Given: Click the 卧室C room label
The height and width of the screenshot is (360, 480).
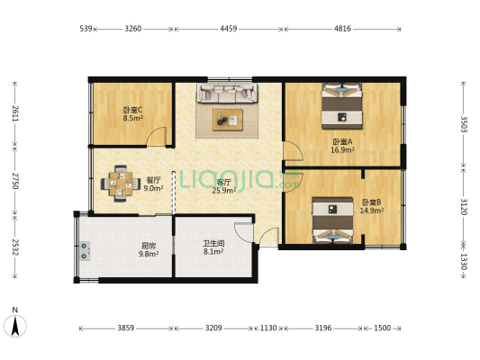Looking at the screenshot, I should coord(132,113).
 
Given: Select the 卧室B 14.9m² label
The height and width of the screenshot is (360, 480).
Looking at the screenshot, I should coord(373,206).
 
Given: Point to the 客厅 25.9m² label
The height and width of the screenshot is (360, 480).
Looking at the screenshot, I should coord(222,186).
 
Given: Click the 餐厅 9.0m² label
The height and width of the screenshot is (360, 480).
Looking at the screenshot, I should coord(153,184).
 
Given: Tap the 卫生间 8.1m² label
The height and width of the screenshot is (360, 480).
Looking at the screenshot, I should coord(213,247).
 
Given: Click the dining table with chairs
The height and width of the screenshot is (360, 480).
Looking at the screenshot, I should coord(120,183).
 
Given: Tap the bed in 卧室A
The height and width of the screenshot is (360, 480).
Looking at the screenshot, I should coord(342,103).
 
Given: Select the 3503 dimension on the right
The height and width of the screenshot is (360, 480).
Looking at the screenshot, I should coord(464,123).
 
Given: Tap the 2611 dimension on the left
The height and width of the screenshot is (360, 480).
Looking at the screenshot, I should coord(14,113).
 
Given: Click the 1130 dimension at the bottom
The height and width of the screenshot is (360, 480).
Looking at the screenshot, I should coord(268,328).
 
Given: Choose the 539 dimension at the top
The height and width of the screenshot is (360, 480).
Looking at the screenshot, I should coord(86,29).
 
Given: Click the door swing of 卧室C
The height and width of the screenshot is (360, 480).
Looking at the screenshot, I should coord(158,137).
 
